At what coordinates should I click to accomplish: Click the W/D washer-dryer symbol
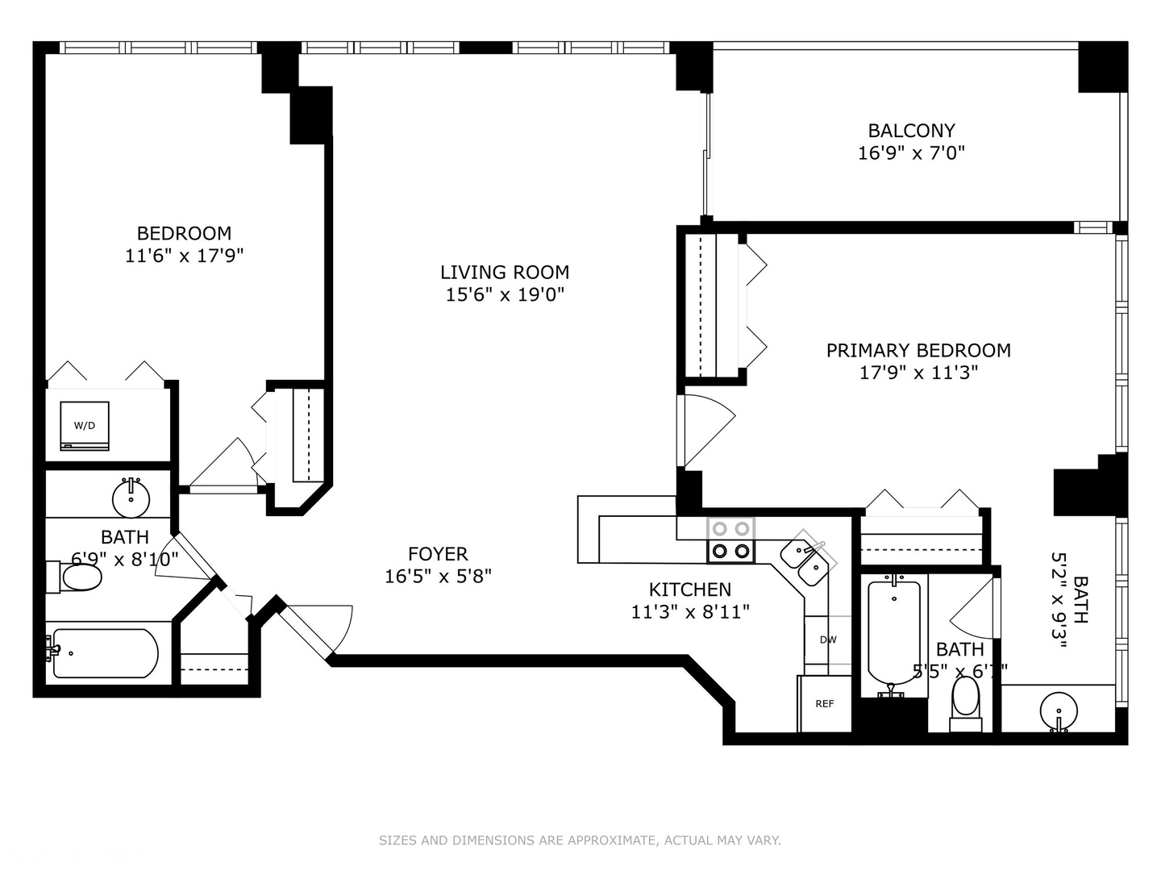tap(85, 425)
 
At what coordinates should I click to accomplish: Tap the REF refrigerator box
tap(825, 704)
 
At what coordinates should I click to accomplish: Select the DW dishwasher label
tap(828, 640)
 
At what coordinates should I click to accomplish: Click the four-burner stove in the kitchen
tap(730, 540)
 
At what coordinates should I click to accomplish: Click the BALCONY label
tap(911, 131)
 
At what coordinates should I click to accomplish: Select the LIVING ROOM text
tap(505, 273)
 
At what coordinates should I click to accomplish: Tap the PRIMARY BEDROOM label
tap(918, 350)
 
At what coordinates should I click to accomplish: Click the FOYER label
tap(438, 554)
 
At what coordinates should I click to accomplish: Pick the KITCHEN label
tap(690, 590)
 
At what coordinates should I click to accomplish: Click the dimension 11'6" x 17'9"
tap(185, 256)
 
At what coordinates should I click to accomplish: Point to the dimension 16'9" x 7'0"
tap(911, 152)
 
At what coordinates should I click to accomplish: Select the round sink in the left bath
tap(130, 498)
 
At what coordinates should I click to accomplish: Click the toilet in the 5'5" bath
tap(965, 698)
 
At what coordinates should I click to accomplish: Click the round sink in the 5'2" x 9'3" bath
tap(1058, 711)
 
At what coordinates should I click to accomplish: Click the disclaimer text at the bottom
tap(580, 840)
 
